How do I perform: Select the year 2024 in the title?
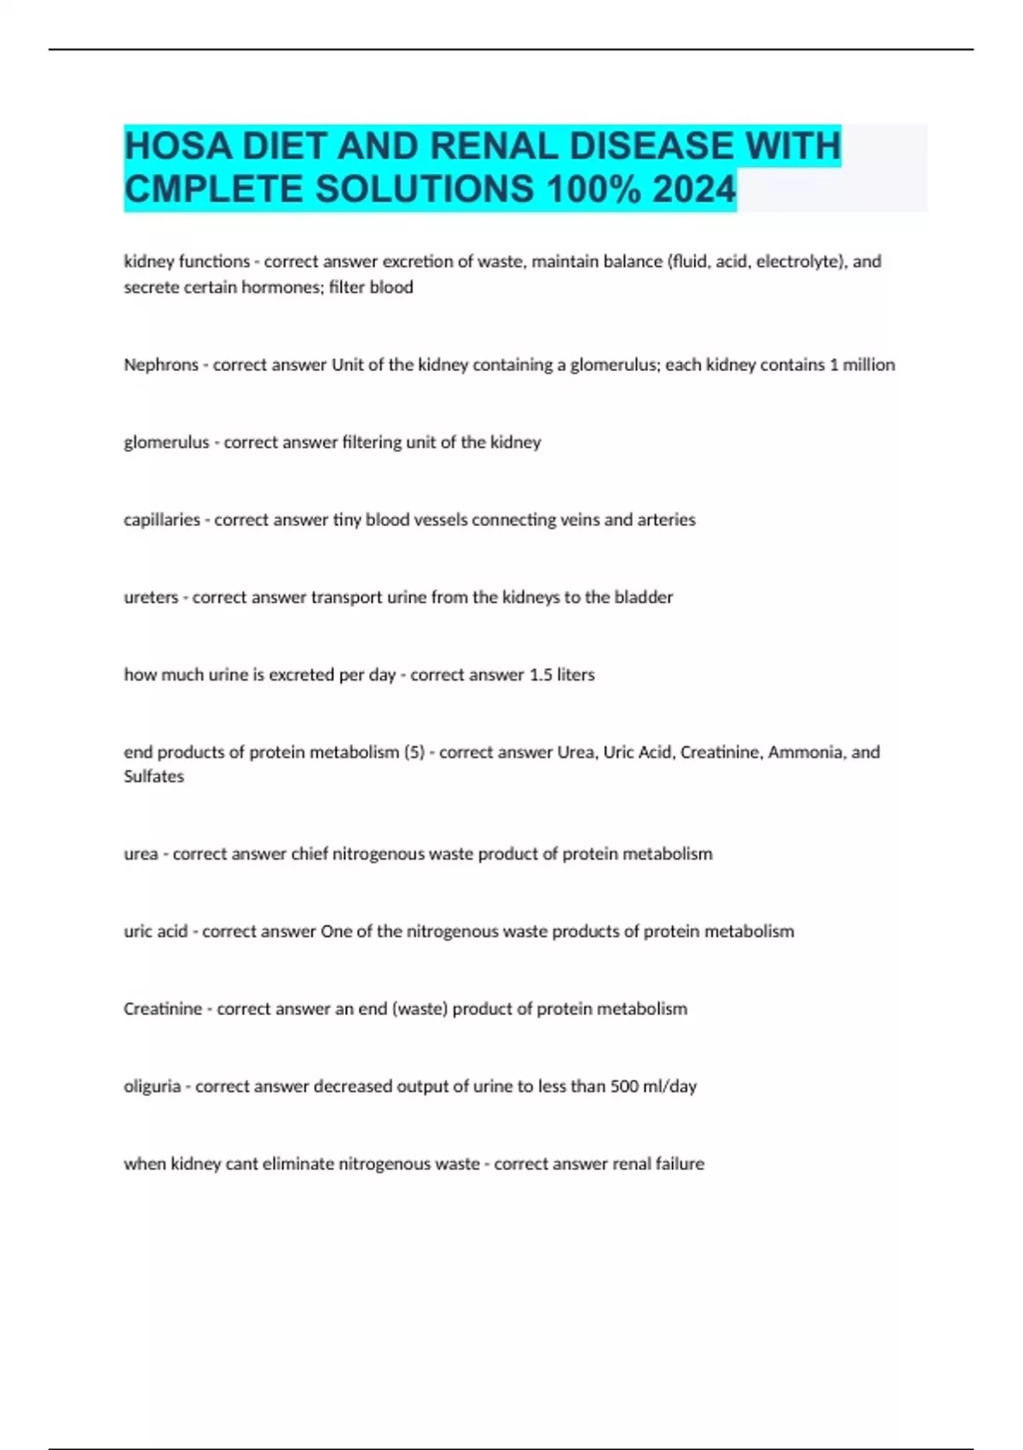coord(694,189)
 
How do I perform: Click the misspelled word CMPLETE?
coord(214,189)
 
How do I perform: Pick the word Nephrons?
coord(161,365)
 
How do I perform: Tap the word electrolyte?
coord(795,262)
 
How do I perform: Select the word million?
coord(869,365)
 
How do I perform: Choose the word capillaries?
coord(162,520)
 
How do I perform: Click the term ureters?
coord(151,598)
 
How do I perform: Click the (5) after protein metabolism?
coord(414,752)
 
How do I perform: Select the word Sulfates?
coord(153,777)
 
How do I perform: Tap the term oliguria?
coord(152,1087)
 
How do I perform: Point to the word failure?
coord(679,1164)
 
